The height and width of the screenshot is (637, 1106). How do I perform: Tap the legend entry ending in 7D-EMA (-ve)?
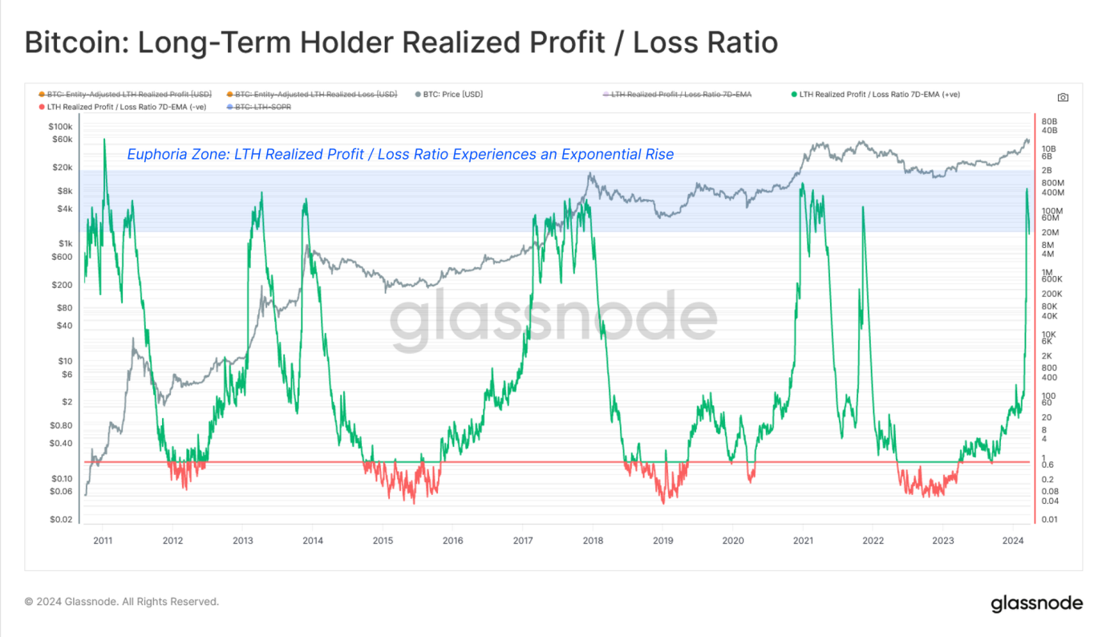point(120,107)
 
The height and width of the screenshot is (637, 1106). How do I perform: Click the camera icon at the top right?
point(1063,97)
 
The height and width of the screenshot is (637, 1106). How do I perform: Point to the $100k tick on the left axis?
point(59,127)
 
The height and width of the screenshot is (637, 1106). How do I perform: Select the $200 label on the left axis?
point(62,285)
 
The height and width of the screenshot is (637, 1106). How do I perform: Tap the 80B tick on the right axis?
point(1049,121)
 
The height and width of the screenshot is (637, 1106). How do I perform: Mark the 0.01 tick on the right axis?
point(1049,519)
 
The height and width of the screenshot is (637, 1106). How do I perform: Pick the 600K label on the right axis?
point(1051,279)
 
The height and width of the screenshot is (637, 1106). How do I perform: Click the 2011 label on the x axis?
point(103,541)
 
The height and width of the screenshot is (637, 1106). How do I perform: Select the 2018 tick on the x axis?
point(593,541)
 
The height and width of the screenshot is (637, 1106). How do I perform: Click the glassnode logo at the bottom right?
point(1036,603)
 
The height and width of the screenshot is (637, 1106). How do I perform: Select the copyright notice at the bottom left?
point(121,602)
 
